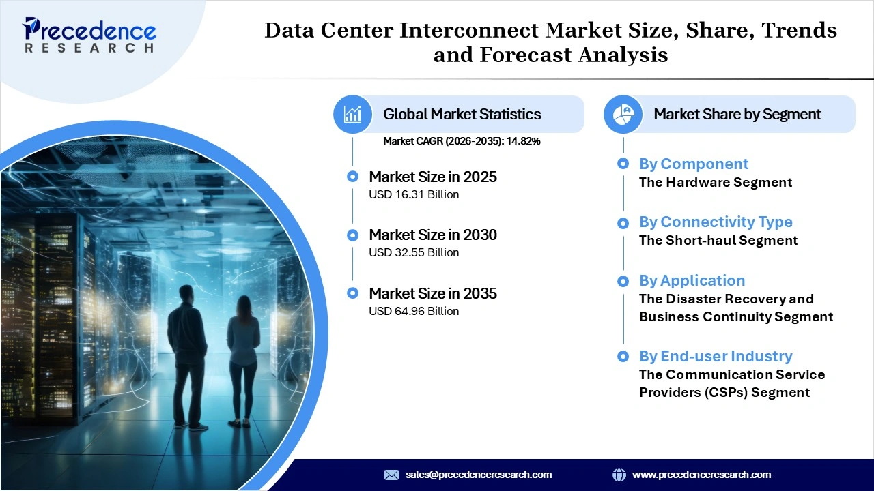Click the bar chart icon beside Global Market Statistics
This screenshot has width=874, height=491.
coord(352,114)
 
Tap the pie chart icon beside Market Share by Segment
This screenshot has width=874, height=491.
coord(623,114)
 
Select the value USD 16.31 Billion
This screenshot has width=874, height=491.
coord(414,194)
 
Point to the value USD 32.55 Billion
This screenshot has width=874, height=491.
coord(414,252)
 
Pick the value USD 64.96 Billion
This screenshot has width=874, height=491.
coord(414,311)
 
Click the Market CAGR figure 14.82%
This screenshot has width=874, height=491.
coord(523,141)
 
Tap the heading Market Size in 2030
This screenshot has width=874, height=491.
coord(432,235)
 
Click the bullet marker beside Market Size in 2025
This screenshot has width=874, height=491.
coord(352,177)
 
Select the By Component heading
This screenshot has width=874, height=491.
coord(693,164)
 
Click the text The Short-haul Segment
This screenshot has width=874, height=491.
coord(718,240)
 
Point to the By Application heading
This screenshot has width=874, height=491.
coord(692,280)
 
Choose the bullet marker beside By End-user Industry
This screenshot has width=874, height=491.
coord(623,356)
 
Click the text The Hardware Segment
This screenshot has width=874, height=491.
coord(715,182)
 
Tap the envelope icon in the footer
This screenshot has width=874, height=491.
coord(391,475)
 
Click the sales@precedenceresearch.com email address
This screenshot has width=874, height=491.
coord(478,475)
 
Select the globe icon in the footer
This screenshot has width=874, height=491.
coord(619,475)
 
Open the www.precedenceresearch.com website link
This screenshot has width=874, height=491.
coord(701,475)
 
